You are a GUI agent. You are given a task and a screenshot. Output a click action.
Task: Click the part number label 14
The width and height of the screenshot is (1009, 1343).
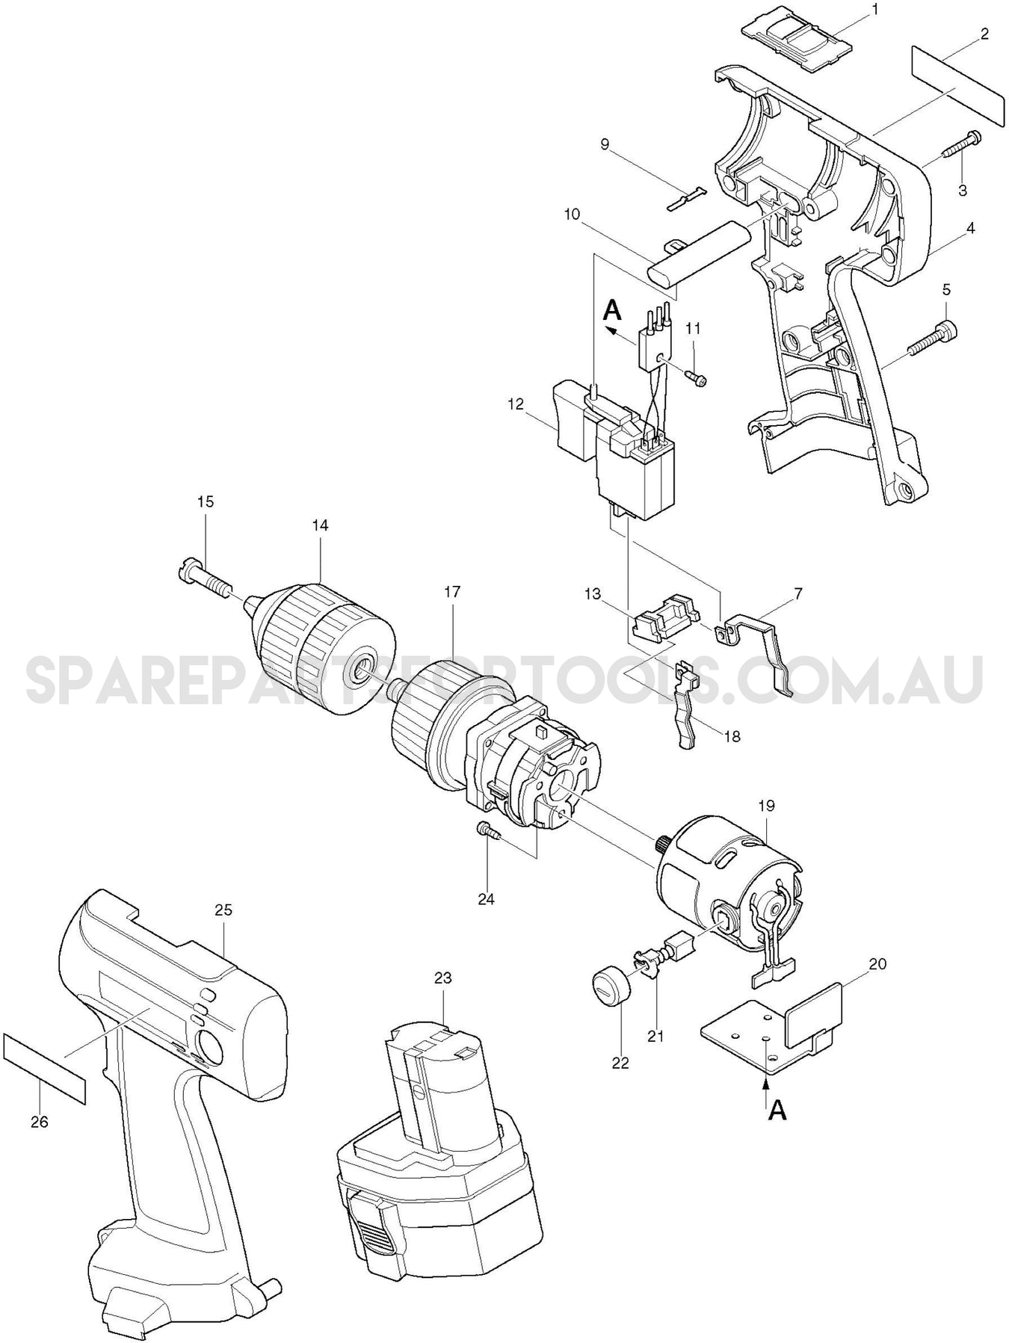319,525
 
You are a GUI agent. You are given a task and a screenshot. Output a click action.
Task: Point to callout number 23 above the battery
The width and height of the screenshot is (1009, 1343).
443,978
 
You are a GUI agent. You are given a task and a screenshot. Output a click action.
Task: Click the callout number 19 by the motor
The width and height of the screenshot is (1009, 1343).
767,806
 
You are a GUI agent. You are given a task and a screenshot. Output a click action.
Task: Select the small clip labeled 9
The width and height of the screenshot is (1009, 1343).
685,199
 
